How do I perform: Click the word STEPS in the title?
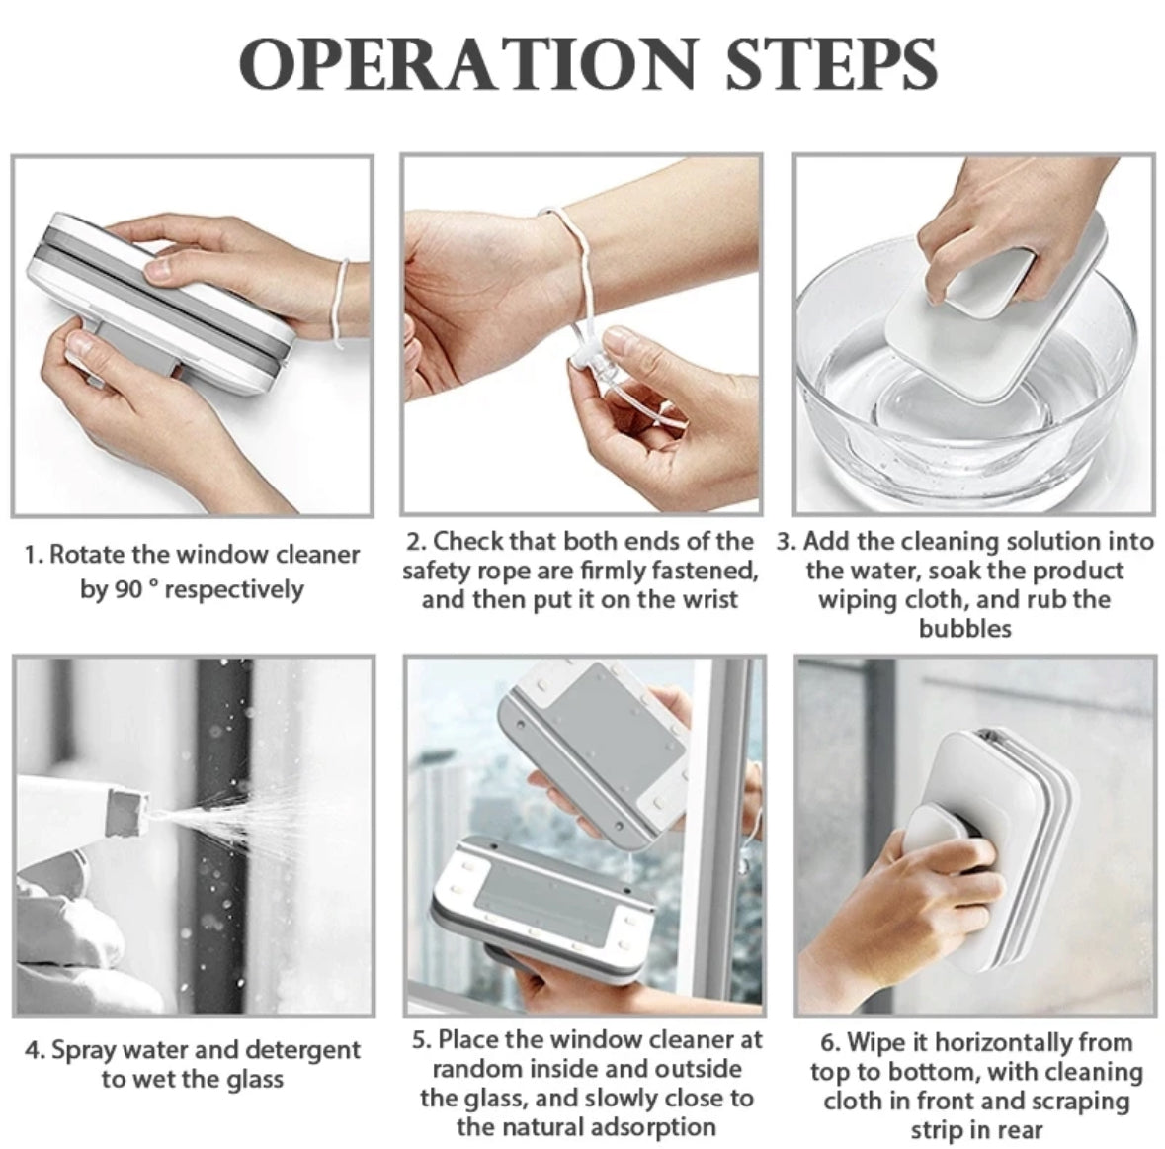tap(831, 63)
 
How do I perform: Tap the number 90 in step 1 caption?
tap(126, 589)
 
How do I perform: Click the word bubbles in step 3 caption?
tap(965, 629)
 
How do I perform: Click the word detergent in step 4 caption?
tap(302, 1050)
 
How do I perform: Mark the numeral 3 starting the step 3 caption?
tap(784, 542)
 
